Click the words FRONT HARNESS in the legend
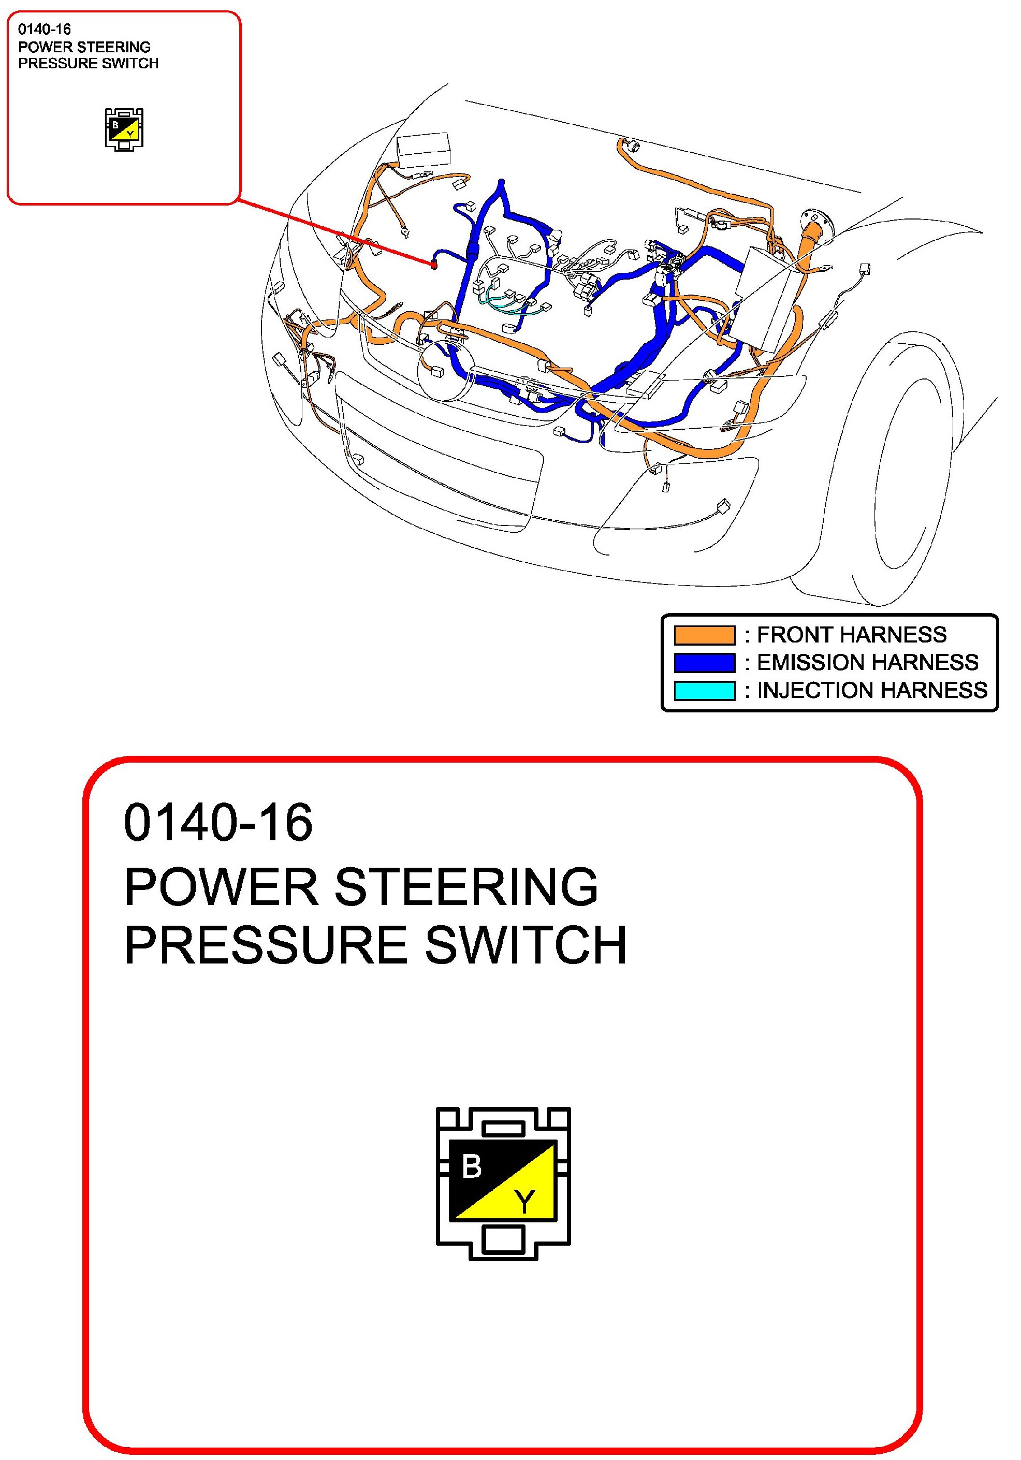[x=851, y=635]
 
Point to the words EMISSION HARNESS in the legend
[x=867, y=663]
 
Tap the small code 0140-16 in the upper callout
[x=45, y=29]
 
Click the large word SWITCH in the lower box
[x=526, y=945]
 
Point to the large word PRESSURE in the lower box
[x=265, y=945]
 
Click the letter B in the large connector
[x=472, y=1167]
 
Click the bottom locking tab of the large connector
[x=503, y=1240]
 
